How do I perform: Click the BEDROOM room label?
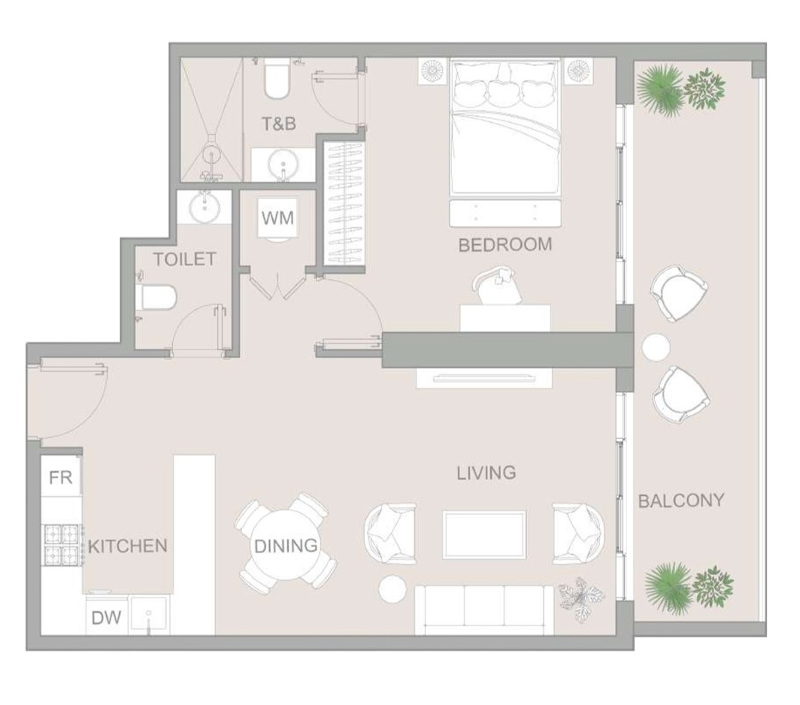[x=505, y=245]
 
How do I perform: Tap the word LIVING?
[x=486, y=474]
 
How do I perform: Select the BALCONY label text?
[x=681, y=501]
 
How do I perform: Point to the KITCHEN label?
[x=128, y=546]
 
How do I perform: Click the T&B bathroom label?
[x=278, y=123]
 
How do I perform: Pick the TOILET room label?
[x=185, y=259]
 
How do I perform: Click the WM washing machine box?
[x=277, y=218]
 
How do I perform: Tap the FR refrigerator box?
[x=61, y=477]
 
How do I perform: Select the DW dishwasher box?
[x=106, y=617]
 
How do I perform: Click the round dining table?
[x=286, y=546]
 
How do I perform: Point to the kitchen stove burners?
[x=62, y=545]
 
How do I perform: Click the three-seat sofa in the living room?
[x=483, y=610]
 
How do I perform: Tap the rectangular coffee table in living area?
[x=484, y=535]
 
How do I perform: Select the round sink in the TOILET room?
[x=205, y=207]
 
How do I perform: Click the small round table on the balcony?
[x=656, y=348]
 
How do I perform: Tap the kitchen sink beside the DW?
[x=148, y=615]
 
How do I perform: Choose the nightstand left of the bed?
[x=432, y=71]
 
